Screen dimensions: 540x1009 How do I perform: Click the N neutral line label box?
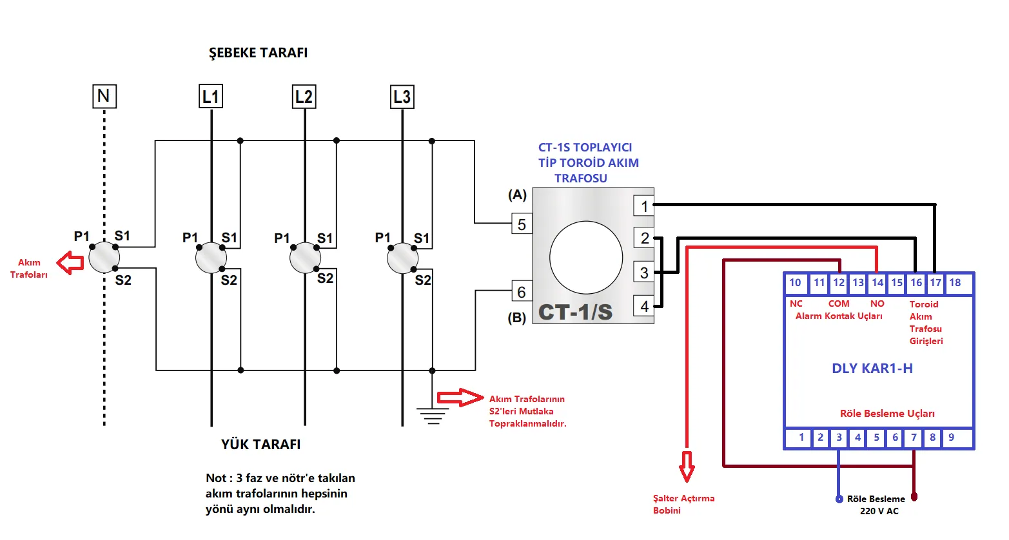[104, 96]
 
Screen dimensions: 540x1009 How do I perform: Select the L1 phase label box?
[211, 97]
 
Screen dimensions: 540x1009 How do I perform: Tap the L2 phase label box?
[304, 97]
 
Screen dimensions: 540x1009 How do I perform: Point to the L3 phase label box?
[402, 97]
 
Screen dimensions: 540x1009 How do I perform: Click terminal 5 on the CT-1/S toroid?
[522, 224]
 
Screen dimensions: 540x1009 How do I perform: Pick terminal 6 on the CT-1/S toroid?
[522, 292]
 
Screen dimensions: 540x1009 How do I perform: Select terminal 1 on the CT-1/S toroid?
[643, 206]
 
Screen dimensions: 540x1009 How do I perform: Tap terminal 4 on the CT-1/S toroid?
[643, 306]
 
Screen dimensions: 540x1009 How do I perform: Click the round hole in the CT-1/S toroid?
[586, 257]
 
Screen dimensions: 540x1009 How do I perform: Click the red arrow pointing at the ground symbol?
[460, 398]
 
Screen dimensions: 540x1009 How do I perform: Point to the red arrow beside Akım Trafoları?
[70, 262]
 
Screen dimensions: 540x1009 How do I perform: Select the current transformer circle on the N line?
[104, 258]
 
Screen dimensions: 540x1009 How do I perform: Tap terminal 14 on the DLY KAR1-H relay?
[877, 283]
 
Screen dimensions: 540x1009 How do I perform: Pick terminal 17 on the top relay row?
[936, 283]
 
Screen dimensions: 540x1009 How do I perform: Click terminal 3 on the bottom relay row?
[839, 438]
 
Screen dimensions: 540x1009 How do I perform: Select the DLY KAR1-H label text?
[872, 369]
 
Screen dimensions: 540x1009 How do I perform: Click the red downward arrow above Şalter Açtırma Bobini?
[687, 465]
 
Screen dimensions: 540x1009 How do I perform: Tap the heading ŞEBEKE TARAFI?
[258, 53]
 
